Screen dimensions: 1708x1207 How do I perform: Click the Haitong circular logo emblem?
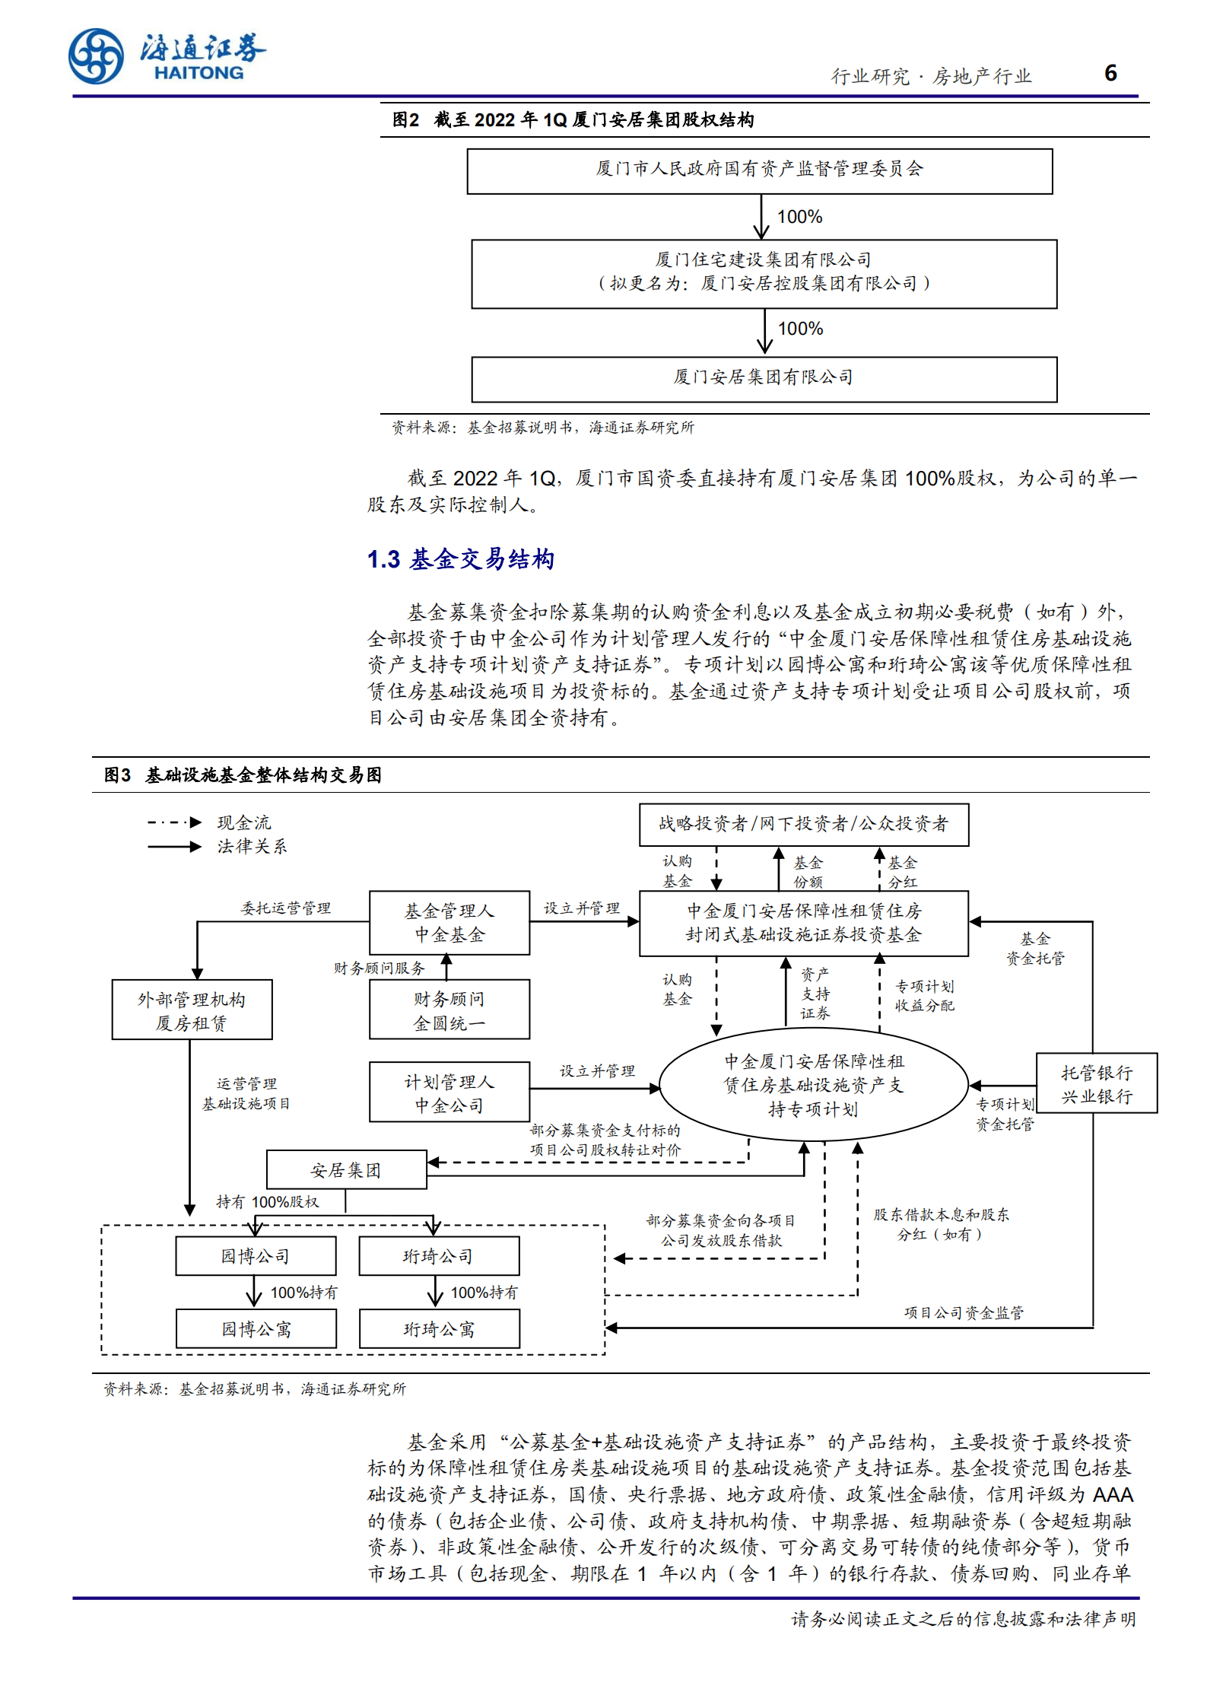[96, 56]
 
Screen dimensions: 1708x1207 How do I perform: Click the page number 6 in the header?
[1110, 73]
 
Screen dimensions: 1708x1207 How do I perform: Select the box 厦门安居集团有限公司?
[764, 378]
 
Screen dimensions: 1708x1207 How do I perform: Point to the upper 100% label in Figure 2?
[799, 217]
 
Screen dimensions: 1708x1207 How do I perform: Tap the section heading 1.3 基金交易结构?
[460, 559]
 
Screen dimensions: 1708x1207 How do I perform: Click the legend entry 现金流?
[243, 822]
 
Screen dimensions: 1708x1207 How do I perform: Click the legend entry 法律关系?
[252, 846]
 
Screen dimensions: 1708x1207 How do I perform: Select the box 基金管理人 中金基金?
[449, 922]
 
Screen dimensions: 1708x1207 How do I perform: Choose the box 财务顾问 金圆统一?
[449, 1010]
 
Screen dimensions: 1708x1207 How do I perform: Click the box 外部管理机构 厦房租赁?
[192, 1010]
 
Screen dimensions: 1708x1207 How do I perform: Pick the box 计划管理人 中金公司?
[449, 1092]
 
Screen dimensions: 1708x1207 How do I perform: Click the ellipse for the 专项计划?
[813, 1084]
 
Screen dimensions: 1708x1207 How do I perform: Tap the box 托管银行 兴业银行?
[1096, 1083]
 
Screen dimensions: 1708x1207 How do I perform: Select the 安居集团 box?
[346, 1169]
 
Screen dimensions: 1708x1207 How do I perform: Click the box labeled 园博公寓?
[256, 1328]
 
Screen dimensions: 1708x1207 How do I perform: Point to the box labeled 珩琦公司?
[439, 1255]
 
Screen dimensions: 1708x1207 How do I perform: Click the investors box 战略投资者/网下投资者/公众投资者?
[803, 824]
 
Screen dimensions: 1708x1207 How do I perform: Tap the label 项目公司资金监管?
[963, 1312]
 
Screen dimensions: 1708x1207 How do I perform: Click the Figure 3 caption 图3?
[117, 775]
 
